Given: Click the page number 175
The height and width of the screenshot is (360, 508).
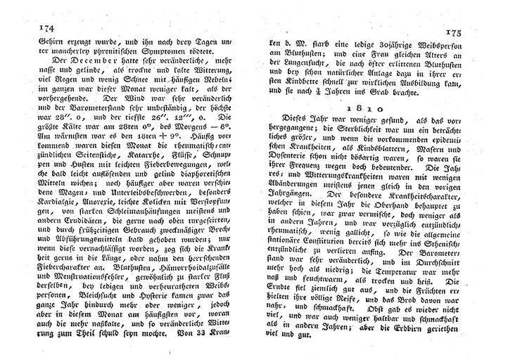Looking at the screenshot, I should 471,32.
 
